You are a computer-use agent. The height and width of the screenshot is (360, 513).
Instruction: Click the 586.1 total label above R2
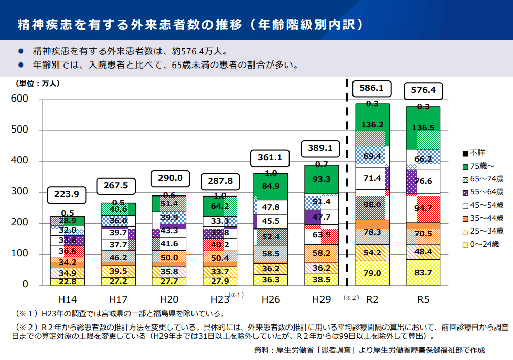371,89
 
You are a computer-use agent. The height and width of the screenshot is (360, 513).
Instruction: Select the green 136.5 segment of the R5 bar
423,128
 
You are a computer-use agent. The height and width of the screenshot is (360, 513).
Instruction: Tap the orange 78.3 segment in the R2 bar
372,232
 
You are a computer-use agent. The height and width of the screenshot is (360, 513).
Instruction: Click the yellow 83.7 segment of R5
423,273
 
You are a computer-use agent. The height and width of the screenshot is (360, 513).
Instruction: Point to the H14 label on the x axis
67,299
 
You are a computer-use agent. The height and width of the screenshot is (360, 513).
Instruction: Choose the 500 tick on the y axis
20,130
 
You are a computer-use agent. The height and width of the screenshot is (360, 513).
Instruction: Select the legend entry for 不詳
477,153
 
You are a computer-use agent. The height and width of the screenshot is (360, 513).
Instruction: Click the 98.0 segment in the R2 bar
372,205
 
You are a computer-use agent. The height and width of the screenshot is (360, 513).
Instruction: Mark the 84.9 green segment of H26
271,186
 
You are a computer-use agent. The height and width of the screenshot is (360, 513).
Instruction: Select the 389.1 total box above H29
320,148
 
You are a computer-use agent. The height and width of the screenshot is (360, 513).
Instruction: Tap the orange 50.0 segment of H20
169,258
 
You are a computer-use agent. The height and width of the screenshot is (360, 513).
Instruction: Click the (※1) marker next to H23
237,295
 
